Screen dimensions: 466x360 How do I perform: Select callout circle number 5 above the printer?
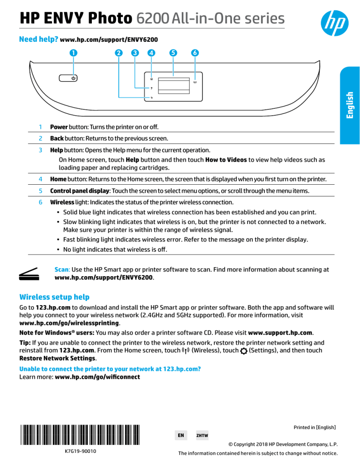coord(173,53)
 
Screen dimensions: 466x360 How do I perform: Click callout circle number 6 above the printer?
coord(195,53)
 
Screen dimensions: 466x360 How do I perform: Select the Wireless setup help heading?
coord(54,297)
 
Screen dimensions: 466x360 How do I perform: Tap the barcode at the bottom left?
coord(80,434)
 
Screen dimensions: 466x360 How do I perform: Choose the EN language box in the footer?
coord(180,435)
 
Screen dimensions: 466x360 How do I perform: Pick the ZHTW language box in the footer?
coord(202,435)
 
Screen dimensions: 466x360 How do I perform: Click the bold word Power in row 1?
coord(60,127)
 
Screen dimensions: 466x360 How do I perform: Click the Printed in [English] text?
coord(315,428)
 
